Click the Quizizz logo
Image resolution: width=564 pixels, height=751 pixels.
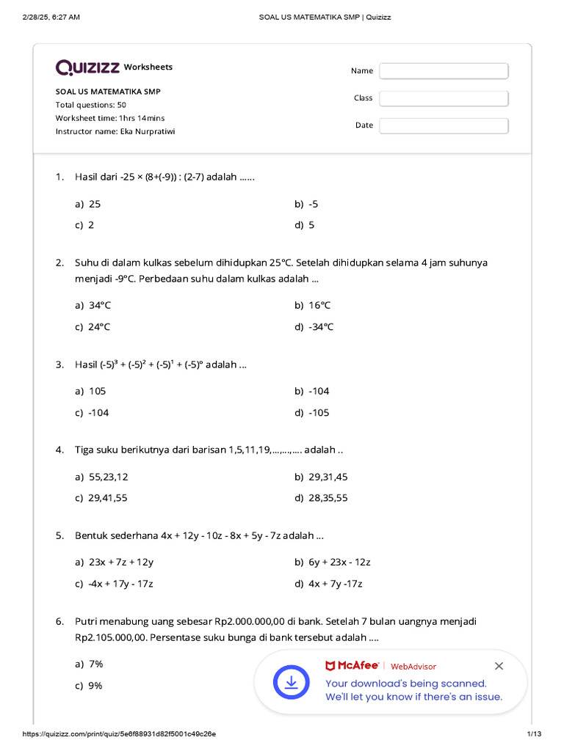coord(88,67)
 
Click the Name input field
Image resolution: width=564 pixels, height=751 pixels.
coord(444,71)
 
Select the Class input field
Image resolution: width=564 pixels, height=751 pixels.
coord(444,98)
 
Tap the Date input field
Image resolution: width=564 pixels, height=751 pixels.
coord(444,125)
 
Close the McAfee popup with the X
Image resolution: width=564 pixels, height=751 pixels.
coord(499,666)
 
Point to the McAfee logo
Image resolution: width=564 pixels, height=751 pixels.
coord(352,666)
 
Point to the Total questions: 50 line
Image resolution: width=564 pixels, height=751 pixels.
coord(91,105)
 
